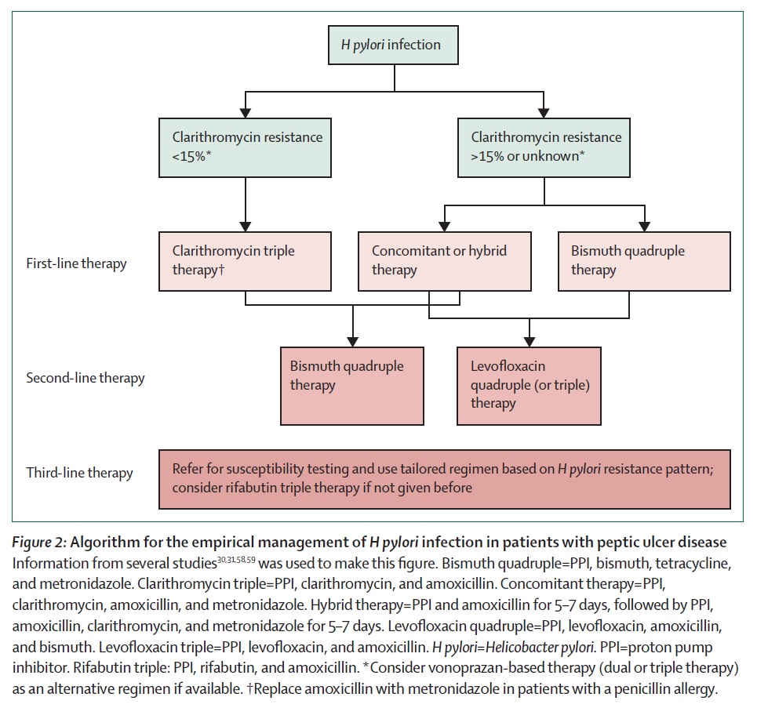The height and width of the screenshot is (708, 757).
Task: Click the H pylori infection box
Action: pos(393,45)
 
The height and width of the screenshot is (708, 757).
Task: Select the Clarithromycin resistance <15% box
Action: pos(245,147)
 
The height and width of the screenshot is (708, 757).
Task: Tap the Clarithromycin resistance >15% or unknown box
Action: pos(544,147)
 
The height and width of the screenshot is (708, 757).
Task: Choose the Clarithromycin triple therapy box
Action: pos(245,261)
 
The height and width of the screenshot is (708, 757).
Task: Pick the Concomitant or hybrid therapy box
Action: pos(445,261)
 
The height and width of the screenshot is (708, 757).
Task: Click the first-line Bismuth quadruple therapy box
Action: pos(644,261)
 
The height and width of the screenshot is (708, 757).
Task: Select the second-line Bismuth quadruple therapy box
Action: pos(352,386)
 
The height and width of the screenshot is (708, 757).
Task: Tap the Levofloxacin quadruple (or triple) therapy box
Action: pos(530,386)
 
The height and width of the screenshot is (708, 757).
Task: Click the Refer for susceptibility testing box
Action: pos(445,479)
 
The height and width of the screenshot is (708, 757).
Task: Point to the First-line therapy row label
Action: pos(76,263)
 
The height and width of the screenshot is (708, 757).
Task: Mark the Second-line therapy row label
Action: pos(86,378)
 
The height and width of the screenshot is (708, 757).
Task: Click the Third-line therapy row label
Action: pos(80,473)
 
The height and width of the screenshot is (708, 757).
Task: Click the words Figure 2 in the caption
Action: pos(39,543)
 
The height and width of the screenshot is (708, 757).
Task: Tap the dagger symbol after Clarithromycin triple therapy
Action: pos(221,269)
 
